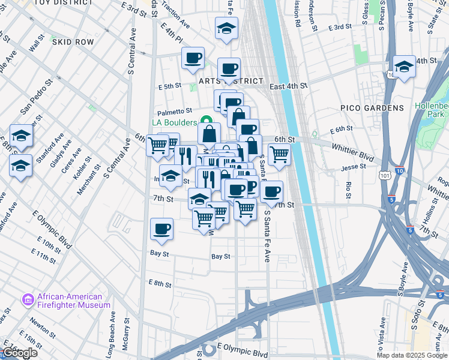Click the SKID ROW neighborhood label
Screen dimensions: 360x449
[x=73, y=42]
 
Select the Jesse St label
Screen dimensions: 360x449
[x=354, y=167]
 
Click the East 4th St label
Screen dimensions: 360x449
[x=288, y=86]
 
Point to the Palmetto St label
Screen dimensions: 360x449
[x=174, y=111]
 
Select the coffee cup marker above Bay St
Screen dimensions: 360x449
[x=162, y=229]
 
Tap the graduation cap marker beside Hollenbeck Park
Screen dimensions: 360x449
[x=405, y=67]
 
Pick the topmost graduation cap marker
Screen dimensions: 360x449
[x=227, y=28]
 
